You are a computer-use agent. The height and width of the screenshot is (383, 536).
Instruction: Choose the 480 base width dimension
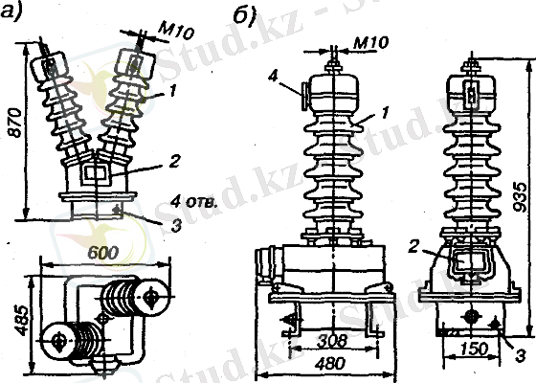329,365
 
